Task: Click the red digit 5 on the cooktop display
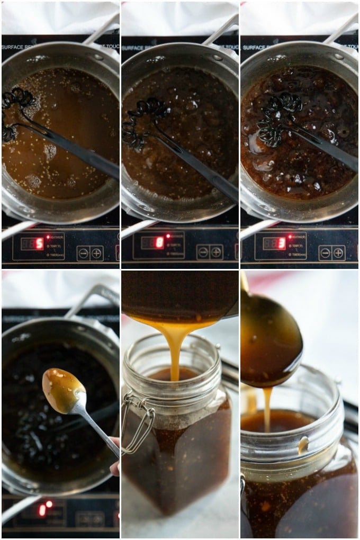pyautogui.click(x=39, y=244)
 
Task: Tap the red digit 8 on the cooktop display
pyautogui.click(x=159, y=243)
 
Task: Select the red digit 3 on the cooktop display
pyautogui.click(x=282, y=244)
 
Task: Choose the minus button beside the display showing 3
pyautogui.click(x=325, y=253)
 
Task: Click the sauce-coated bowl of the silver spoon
pyautogui.click(x=62, y=390)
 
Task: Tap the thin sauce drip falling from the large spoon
pyautogui.click(x=267, y=408)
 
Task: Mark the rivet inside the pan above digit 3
pyautogui.click(x=339, y=56)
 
